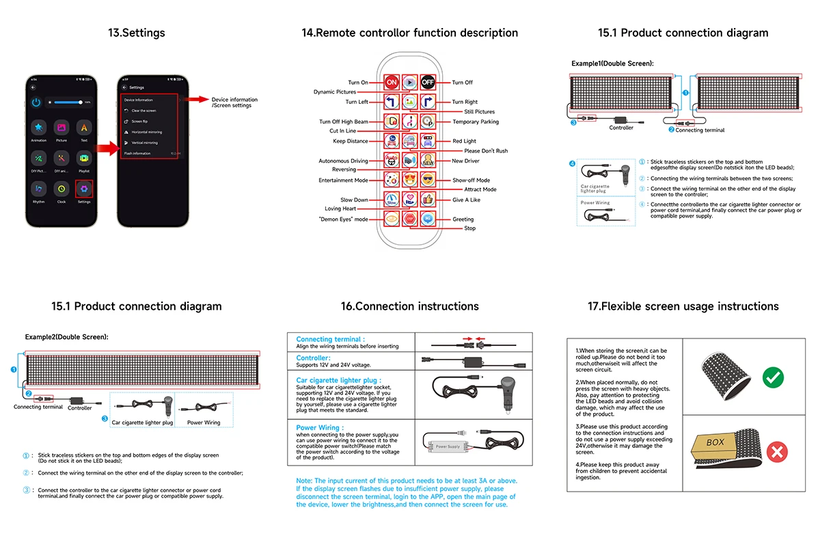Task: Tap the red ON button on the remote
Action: click(392, 82)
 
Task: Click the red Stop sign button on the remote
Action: click(409, 219)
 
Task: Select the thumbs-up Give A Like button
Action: click(428, 200)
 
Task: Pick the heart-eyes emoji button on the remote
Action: click(409, 180)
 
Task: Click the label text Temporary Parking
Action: click(476, 122)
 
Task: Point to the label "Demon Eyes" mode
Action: click(343, 219)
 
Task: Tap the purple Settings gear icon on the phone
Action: click(84, 188)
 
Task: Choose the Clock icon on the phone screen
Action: click(61, 188)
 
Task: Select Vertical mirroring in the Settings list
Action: click(144, 143)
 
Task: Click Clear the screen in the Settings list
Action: click(143, 111)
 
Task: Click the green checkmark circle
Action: click(772, 376)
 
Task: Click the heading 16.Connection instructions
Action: click(410, 306)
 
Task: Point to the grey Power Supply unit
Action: click(448, 446)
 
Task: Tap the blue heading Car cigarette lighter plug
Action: click(338, 380)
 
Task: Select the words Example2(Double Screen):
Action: click(67, 337)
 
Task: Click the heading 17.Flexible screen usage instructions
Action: click(683, 306)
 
